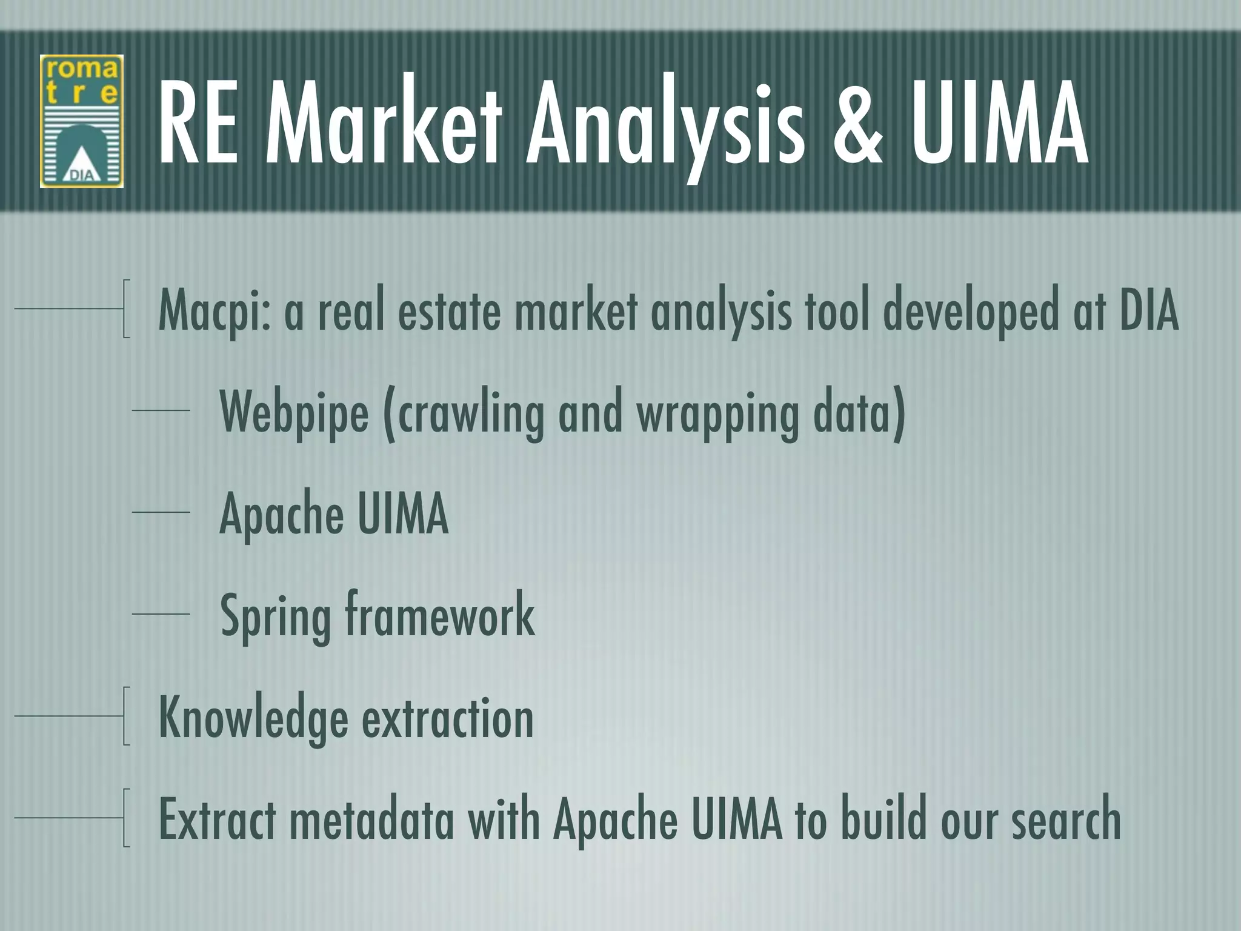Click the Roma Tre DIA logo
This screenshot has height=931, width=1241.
coord(82,121)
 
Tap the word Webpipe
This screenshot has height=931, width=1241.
coord(294,413)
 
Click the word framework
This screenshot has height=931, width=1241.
coord(440,615)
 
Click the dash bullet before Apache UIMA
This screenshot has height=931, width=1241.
coord(161,513)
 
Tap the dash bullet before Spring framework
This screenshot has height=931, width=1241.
coord(161,615)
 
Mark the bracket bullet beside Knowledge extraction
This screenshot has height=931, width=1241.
coord(125,716)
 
